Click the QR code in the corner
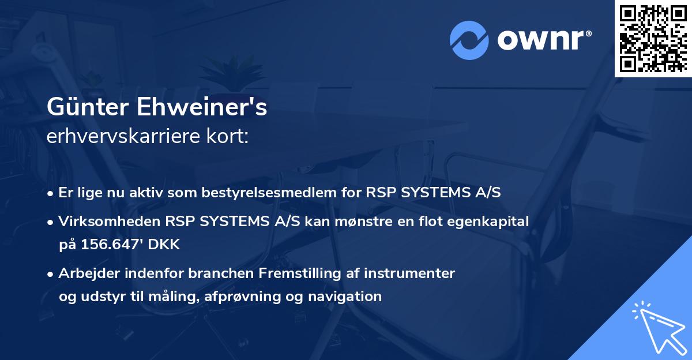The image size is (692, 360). [x=653, y=38]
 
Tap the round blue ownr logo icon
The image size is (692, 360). [x=469, y=40]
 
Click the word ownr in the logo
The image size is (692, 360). [x=540, y=40]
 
